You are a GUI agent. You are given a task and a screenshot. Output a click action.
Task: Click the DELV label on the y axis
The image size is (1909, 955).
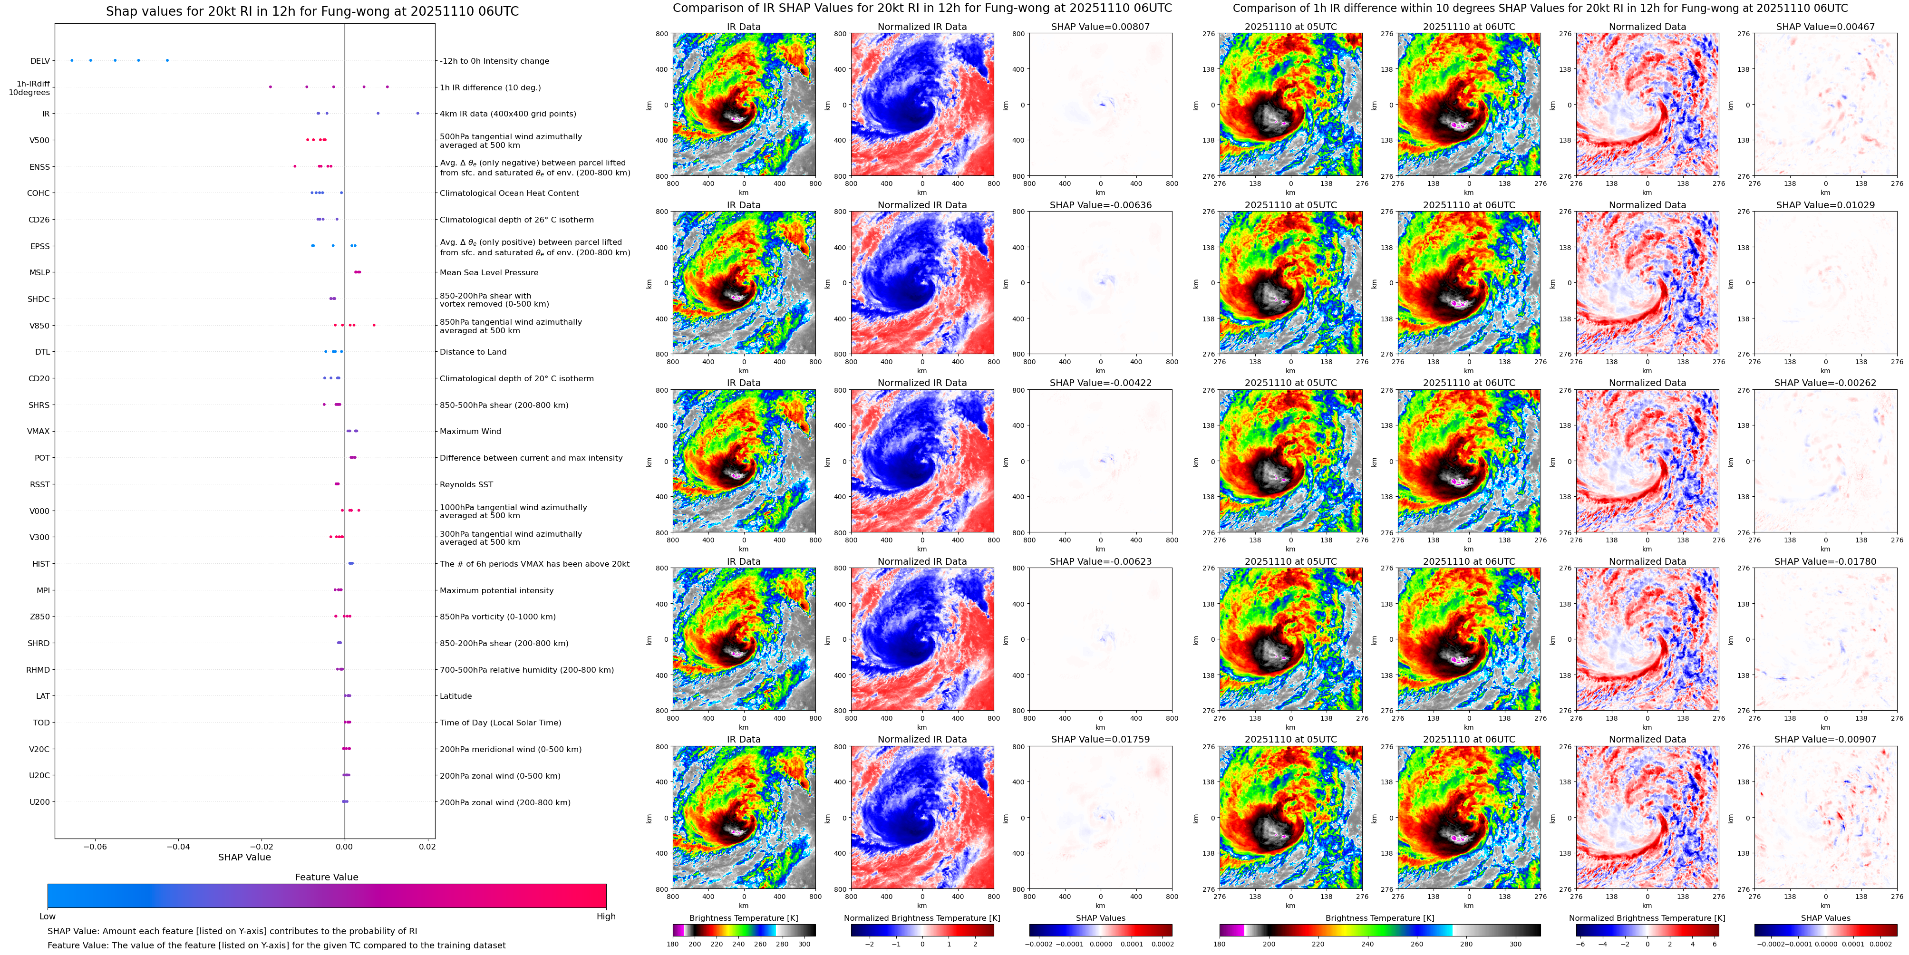(40, 61)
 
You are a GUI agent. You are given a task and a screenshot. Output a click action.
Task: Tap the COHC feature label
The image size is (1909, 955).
(39, 193)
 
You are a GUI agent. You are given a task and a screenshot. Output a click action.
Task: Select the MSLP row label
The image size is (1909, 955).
(39, 273)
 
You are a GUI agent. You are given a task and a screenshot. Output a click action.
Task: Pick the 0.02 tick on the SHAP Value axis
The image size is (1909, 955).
(427, 847)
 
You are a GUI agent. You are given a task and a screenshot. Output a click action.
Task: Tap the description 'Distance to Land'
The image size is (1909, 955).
(473, 352)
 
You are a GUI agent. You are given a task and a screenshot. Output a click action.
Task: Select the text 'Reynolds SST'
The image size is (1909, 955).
(466, 484)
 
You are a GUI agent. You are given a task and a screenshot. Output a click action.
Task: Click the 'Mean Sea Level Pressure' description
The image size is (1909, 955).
(488, 273)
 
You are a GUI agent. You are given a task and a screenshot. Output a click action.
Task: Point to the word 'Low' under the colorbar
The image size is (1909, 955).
(48, 916)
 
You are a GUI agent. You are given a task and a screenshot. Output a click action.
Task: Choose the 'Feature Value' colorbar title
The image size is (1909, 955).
(326, 877)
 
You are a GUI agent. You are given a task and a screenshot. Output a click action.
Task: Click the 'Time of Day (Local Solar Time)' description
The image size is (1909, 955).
(500, 723)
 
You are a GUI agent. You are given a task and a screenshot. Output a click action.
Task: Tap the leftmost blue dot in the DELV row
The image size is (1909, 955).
(72, 61)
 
